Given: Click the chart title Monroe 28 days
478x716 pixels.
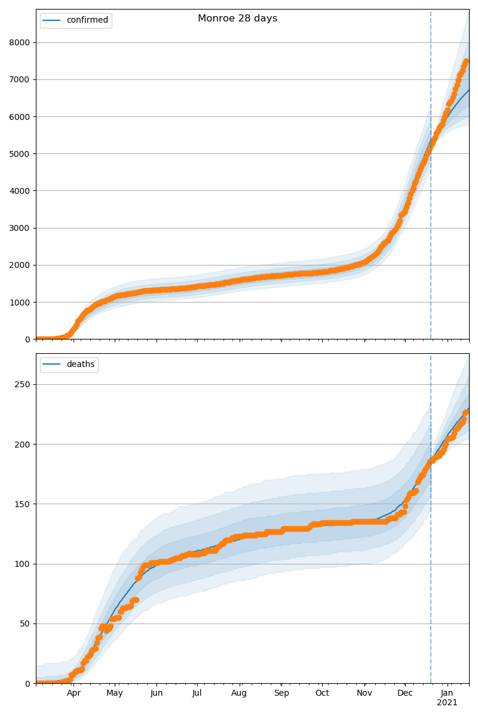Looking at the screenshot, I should point(237,18).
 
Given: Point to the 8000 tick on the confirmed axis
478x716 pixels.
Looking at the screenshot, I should point(22,42).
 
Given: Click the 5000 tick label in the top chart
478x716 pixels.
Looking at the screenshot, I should point(22,154).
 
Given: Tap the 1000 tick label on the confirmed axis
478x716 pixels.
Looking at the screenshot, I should point(22,303).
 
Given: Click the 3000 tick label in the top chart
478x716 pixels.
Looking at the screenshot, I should point(22,228).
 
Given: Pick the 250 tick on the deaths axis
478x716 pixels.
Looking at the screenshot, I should point(24,385).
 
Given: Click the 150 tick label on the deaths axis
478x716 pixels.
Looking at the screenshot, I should point(24,504).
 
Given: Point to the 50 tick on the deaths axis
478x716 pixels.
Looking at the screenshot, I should point(26,624).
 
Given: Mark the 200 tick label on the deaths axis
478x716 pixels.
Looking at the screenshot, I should point(24,445).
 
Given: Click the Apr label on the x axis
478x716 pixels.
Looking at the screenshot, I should point(73,693).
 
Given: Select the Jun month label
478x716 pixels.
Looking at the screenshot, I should point(157,693).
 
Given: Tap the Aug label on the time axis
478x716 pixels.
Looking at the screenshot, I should point(240,693).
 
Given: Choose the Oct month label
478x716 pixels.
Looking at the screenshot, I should point(322,693).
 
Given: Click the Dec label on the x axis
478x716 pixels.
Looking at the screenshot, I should point(405,693).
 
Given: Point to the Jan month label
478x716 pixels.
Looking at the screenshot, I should point(447,693).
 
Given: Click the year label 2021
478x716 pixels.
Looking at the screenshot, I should point(447,703).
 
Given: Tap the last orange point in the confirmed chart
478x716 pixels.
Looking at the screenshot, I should point(466,61).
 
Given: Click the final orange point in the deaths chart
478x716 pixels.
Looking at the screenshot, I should point(466,412).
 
